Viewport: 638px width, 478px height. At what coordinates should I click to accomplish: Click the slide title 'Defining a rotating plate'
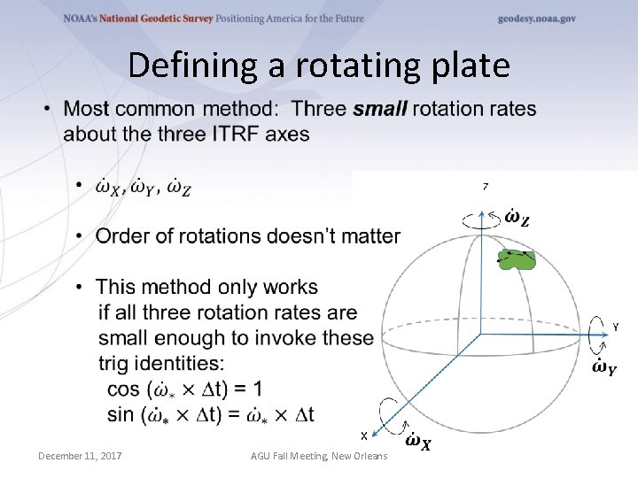[319, 66]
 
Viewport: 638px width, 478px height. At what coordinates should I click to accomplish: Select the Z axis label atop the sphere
[485, 187]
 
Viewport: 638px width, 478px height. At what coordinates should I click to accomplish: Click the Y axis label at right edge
[615, 328]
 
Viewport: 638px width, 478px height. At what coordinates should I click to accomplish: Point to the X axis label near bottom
[363, 436]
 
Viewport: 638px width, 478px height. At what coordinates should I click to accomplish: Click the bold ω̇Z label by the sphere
[517, 217]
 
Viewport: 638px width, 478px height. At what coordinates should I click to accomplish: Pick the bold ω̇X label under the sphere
[418, 441]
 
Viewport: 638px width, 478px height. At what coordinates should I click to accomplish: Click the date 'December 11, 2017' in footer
[80, 456]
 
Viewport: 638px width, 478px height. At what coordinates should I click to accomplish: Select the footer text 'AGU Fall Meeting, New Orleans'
[318, 456]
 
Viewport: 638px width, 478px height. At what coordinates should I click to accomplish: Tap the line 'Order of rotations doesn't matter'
[248, 236]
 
